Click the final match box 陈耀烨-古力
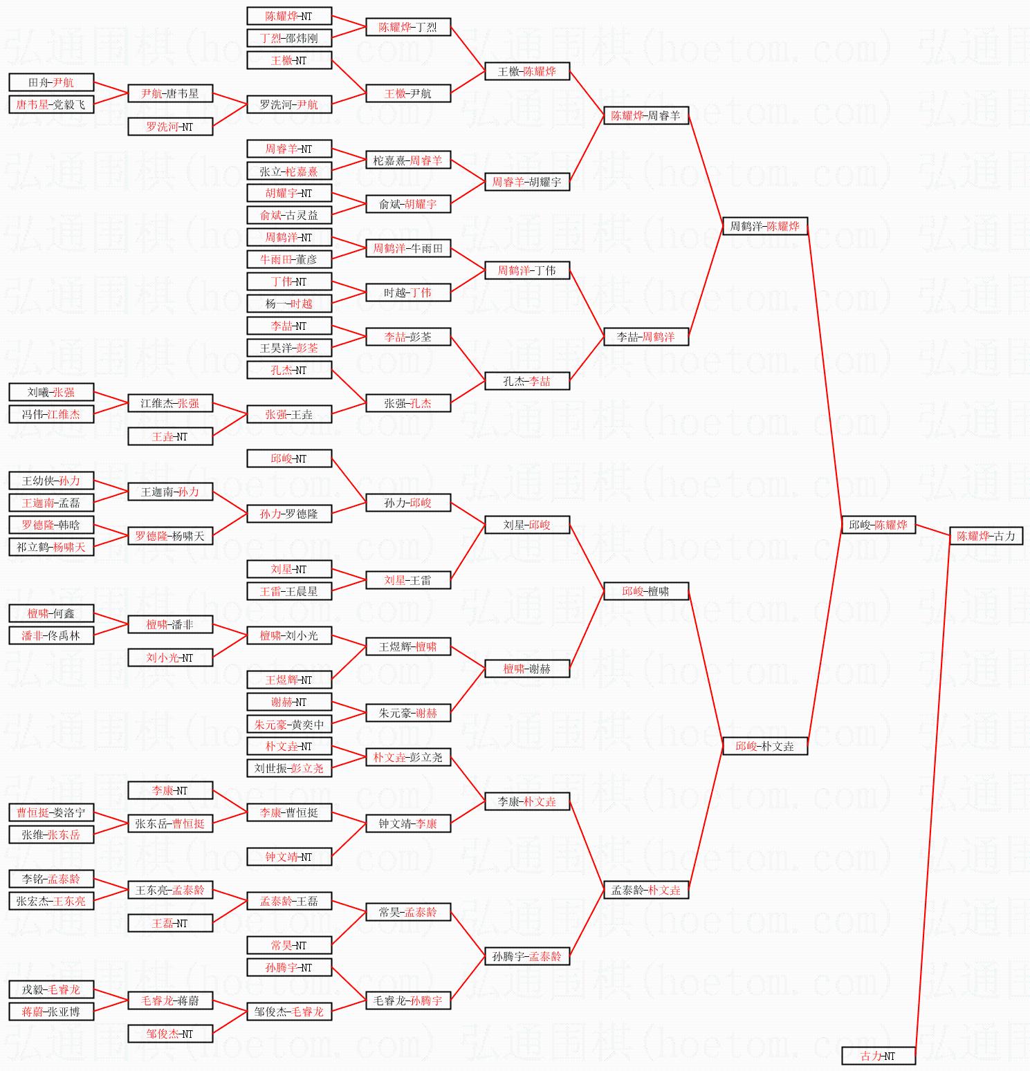point(986,536)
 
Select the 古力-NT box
point(878,1056)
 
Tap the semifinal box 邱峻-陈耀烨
point(878,525)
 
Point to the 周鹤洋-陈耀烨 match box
point(764,226)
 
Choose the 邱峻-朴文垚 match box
point(764,746)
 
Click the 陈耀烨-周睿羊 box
point(645,115)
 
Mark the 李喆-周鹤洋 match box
point(645,337)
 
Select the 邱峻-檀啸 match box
point(645,591)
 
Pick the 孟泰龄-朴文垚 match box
point(645,890)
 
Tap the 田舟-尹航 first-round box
point(51,82)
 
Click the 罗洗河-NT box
point(169,127)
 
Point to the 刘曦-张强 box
point(51,392)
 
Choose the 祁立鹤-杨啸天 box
point(51,547)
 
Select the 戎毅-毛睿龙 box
point(51,989)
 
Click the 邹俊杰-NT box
point(169,1034)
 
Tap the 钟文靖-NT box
point(288,857)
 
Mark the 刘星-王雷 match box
point(407,580)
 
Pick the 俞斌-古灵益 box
point(288,215)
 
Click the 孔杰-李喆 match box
point(526,381)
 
